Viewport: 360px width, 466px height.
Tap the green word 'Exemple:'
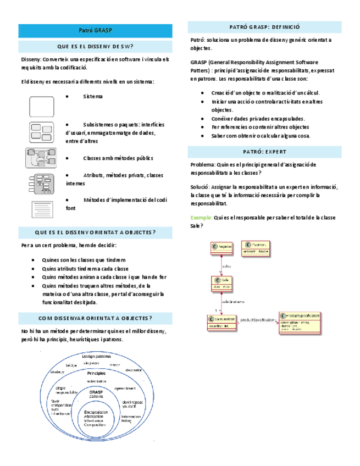[x=201, y=218]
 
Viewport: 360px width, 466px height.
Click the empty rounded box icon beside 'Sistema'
[x=42, y=106]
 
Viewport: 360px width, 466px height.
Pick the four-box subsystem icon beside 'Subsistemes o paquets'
[x=41, y=132]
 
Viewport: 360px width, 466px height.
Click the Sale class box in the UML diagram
[x=221, y=284]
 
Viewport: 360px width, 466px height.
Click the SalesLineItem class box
[x=222, y=323]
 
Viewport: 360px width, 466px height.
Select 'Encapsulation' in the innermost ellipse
[x=96, y=412]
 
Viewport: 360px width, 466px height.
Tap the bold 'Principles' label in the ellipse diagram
[x=96, y=373]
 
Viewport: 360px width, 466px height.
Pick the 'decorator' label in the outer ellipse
[x=133, y=370]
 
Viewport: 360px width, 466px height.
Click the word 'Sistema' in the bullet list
[x=92, y=97]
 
